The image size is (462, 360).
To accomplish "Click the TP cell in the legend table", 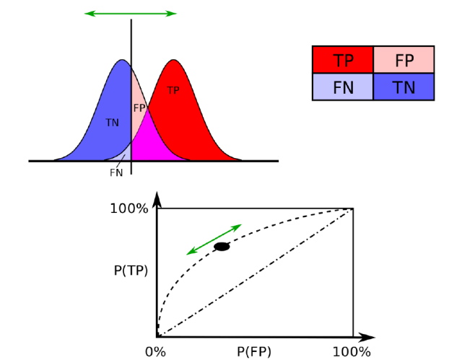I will point(342,60).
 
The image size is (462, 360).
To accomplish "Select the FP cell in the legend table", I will point(404,60).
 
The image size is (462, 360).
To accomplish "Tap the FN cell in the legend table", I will point(342,87).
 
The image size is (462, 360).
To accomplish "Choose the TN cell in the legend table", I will point(404,87).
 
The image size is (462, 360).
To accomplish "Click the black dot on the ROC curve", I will point(222,247).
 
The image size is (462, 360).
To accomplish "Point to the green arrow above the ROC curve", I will point(214,240).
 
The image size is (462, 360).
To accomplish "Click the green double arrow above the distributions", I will point(131,13).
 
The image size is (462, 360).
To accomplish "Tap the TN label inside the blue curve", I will point(112,123).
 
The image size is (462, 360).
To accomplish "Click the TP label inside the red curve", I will point(173,90).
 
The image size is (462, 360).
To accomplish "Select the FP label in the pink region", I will point(139,107).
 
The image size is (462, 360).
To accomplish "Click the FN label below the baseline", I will point(116,172).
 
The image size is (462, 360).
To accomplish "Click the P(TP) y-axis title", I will point(130,271).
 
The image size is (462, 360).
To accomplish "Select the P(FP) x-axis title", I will point(254,351).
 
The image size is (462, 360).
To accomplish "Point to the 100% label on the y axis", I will point(129,208).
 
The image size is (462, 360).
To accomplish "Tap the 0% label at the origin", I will point(156,351).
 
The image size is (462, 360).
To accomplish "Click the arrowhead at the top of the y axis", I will point(157,198).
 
